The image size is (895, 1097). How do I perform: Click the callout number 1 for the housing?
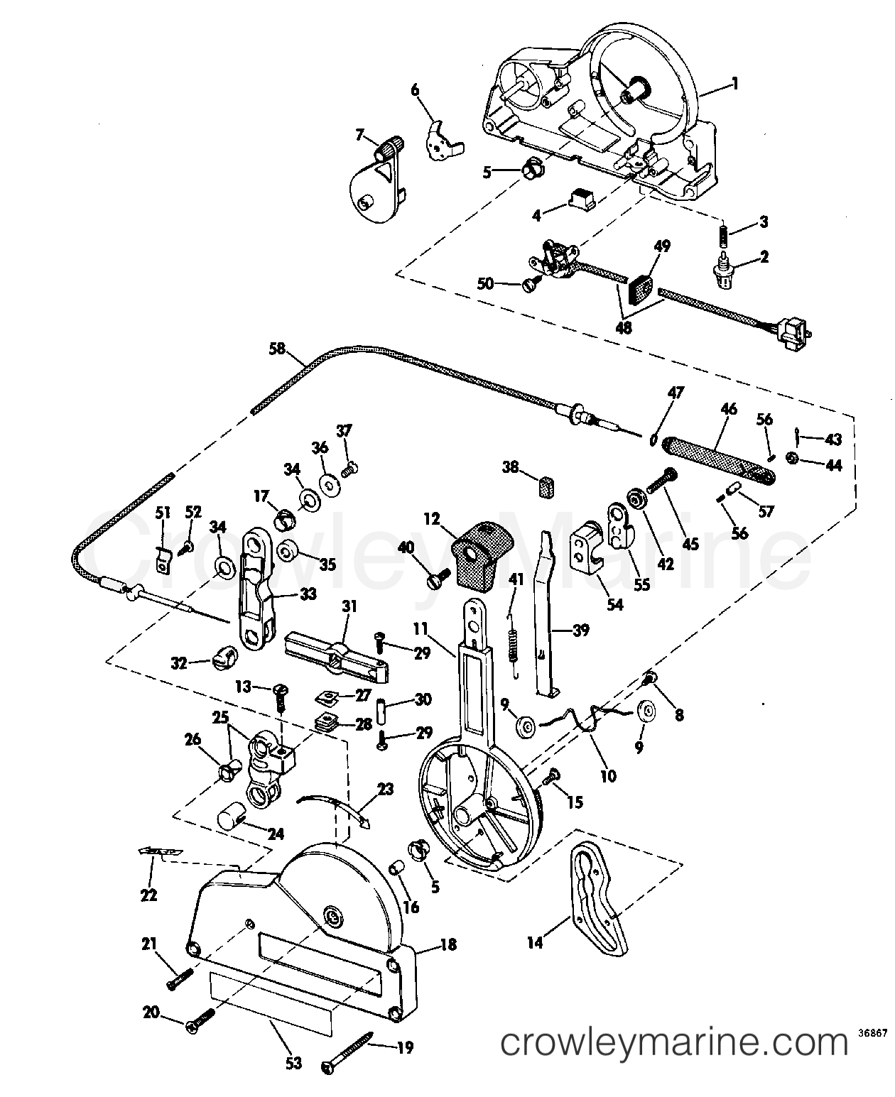click(x=735, y=84)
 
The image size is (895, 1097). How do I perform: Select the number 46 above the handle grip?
click(x=729, y=409)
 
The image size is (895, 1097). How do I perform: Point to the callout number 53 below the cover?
click(x=293, y=1063)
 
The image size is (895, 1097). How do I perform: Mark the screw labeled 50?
click(x=530, y=283)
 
